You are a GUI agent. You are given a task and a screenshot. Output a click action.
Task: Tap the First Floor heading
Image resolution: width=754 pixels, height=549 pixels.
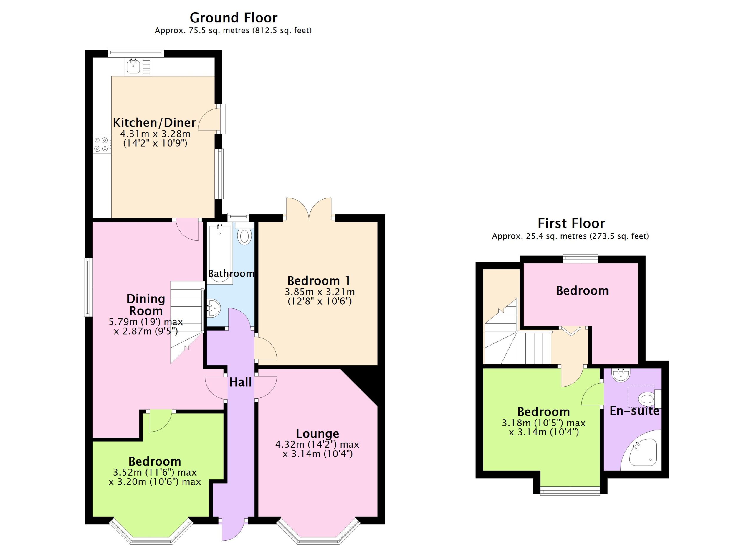click(x=571, y=223)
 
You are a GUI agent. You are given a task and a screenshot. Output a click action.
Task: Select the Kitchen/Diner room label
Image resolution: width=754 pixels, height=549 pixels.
click(x=154, y=123)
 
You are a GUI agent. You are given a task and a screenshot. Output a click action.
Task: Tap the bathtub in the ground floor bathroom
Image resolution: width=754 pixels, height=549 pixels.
click(x=219, y=254)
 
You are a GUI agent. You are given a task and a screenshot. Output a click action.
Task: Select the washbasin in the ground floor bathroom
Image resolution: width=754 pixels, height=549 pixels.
click(x=214, y=308)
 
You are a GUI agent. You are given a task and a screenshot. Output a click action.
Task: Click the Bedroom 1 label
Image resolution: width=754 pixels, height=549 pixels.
click(x=319, y=280)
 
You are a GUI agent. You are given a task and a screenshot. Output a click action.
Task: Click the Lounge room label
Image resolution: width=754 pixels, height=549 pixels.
click(x=318, y=433)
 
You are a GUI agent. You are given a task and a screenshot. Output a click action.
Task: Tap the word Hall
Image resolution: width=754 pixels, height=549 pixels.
click(x=240, y=382)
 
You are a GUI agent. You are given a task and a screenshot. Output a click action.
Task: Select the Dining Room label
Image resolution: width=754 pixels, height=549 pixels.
click(x=145, y=305)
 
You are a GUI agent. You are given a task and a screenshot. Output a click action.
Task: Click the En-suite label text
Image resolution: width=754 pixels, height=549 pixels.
click(x=634, y=411)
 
